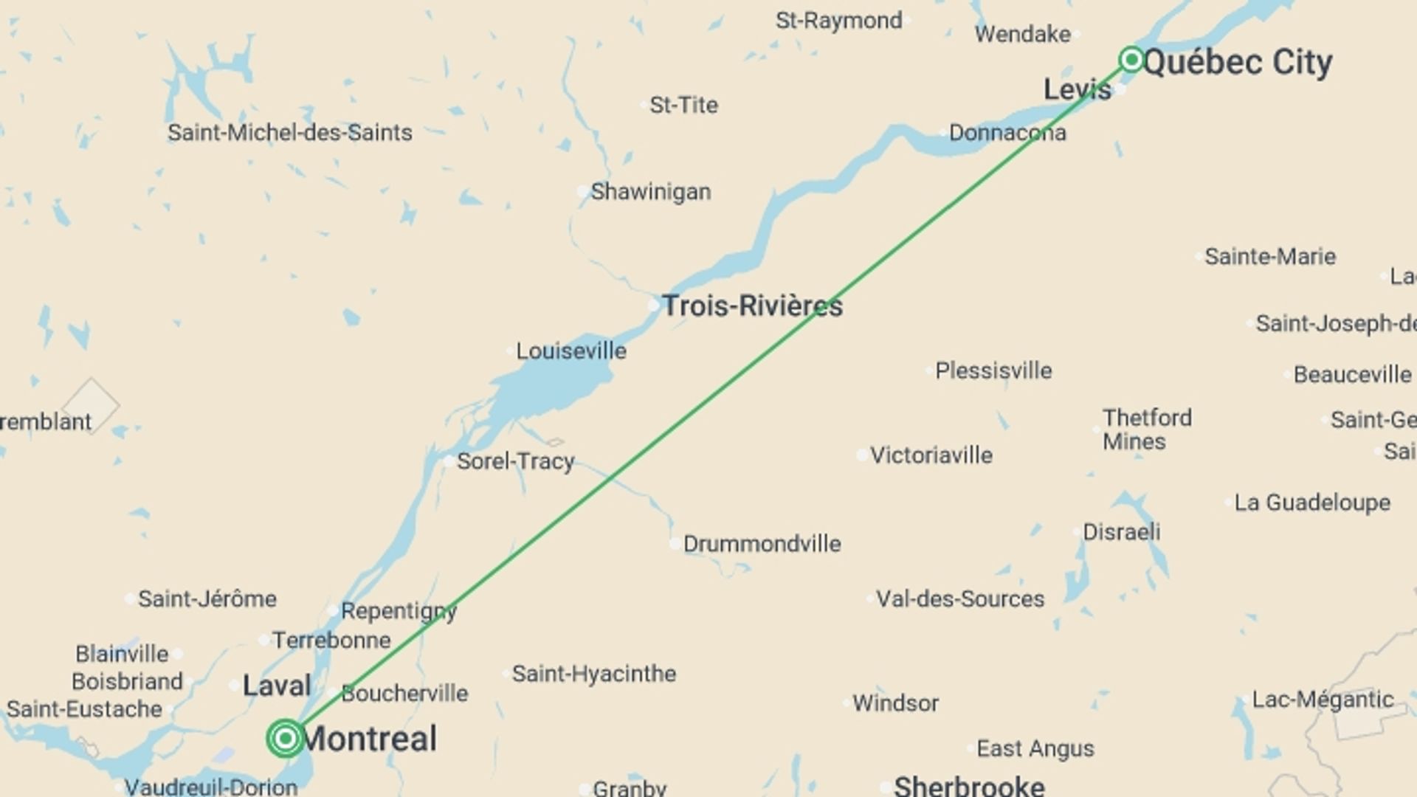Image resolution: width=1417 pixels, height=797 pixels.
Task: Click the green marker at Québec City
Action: pyautogui.click(x=1131, y=59)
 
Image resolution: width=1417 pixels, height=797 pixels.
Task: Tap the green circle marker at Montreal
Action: pyautogui.click(x=285, y=738)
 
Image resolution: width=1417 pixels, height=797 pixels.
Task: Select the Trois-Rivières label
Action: pyautogui.click(x=752, y=306)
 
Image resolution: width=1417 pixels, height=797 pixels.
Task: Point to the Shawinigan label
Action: pyautogui.click(x=650, y=192)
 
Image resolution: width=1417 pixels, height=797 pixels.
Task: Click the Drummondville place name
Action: pyautogui.click(x=762, y=544)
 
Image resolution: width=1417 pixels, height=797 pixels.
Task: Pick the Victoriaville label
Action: pyautogui.click(x=931, y=455)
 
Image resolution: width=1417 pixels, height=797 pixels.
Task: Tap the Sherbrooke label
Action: pyautogui.click(x=969, y=786)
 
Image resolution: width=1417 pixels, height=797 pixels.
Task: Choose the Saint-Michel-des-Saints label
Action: pyautogui.click(x=289, y=133)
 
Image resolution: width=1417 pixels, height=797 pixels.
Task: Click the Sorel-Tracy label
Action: pyautogui.click(x=515, y=461)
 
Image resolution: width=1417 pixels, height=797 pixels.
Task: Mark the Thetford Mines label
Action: pyautogui.click(x=1147, y=429)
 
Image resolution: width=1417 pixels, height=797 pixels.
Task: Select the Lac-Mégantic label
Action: pyautogui.click(x=1323, y=700)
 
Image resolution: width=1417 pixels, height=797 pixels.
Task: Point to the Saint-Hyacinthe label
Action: pyautogui.click(x=594, y=674)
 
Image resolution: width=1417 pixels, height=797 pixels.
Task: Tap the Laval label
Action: pyautogui.click(x=277, y=686)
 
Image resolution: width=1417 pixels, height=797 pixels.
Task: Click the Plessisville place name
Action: pyautogui.click(x=993, y=370)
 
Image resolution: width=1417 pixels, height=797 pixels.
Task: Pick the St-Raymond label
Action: pyautogui.click(x=838, y=21)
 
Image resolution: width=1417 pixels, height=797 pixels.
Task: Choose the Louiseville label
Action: pyautogui.click(x=570, y=351)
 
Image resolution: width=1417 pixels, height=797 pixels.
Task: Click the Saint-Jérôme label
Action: pyautogui.click(x=207, y=598)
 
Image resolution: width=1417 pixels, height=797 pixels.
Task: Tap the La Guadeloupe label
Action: pyautogui.click(x=1312, y=503)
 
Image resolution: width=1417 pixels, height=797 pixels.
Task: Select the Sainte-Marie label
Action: pyautogui.click(x=1270, y=257)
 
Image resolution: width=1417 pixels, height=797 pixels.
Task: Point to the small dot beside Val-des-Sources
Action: pyautogui.click(x=871, y=598)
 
